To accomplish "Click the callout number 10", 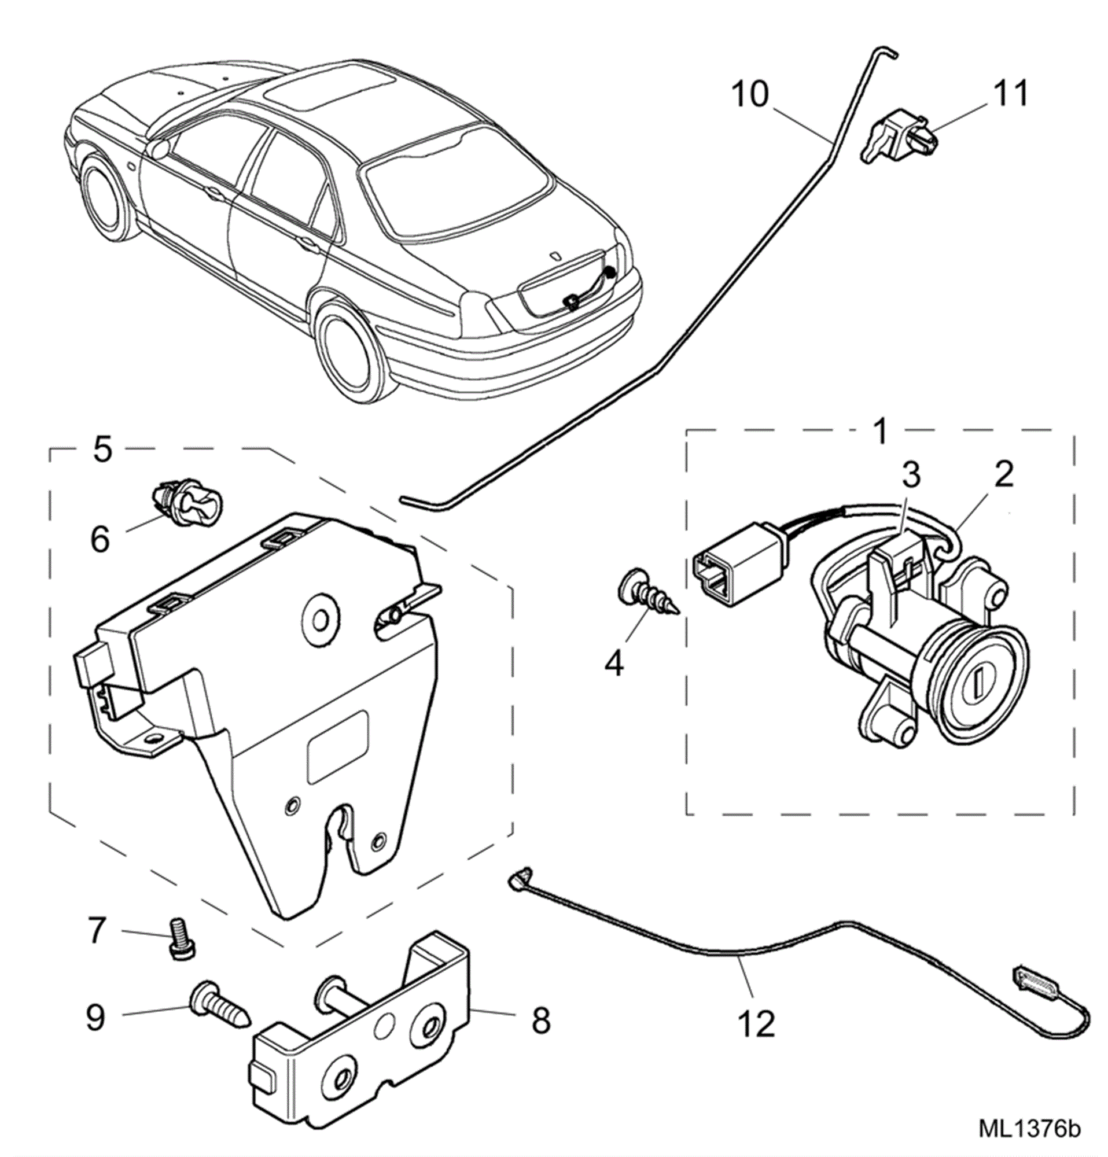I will [x=750, y=95].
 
